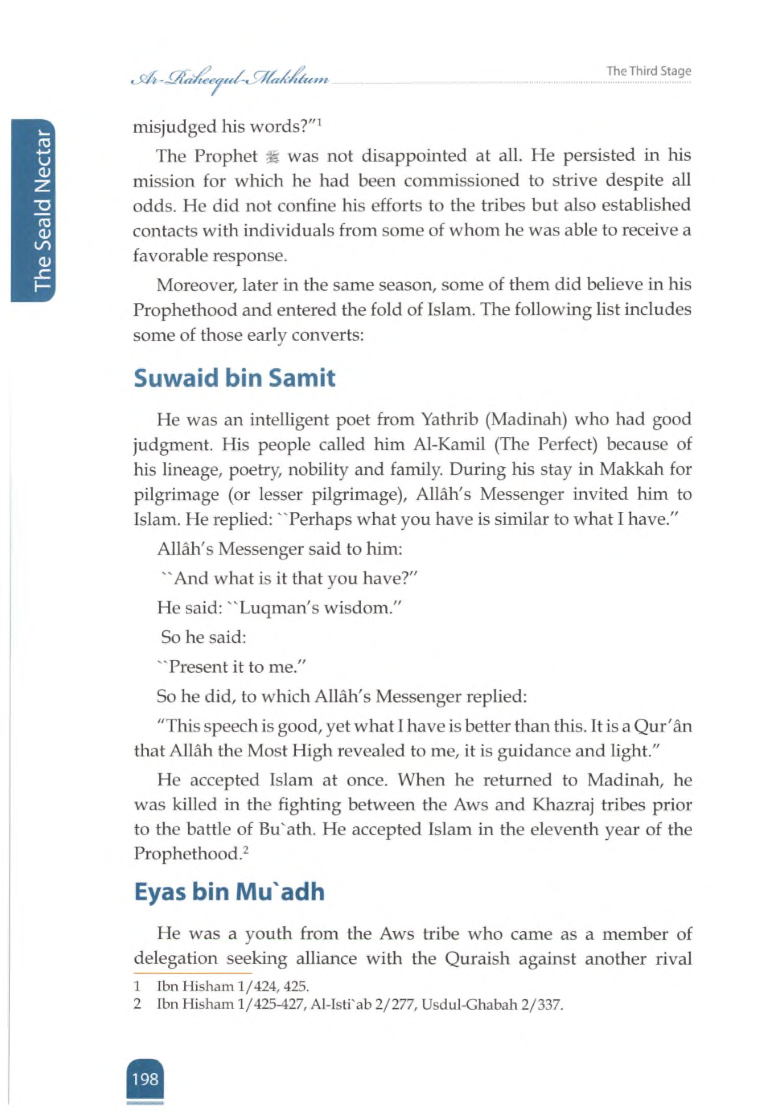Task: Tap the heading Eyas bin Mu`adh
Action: coord(229,892)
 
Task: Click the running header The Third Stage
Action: coord(648,71)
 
